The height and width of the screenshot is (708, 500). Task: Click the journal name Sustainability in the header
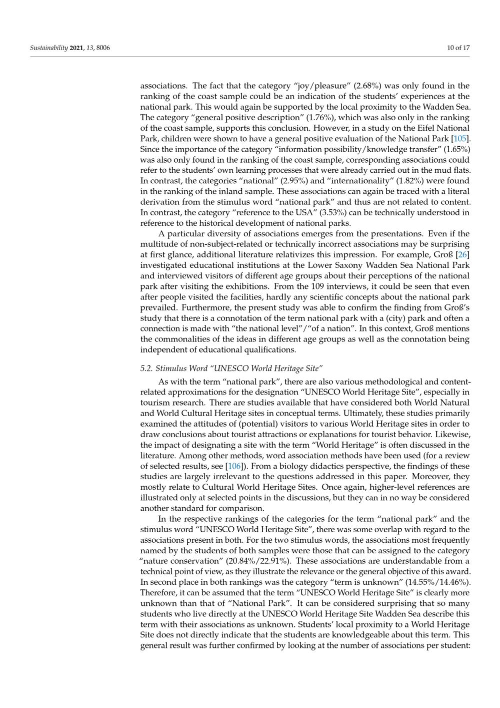[x=49, y=48]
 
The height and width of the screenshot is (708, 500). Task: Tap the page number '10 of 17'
[x=458, y=48]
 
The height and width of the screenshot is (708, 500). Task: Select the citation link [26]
[x=463, y=255]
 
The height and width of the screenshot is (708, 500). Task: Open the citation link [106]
[x=234, y=466]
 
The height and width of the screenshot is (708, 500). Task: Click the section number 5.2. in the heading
[x=146, y=369]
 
